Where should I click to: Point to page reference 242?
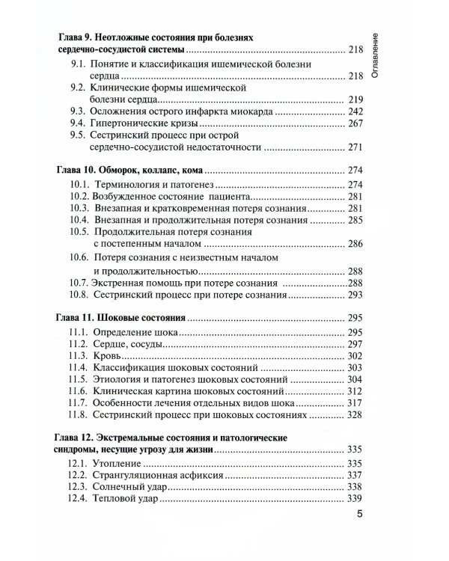[355, 110]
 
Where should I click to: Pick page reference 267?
[355, 123]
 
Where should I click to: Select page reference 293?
[355, 295]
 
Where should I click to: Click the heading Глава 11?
[79, 317]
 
